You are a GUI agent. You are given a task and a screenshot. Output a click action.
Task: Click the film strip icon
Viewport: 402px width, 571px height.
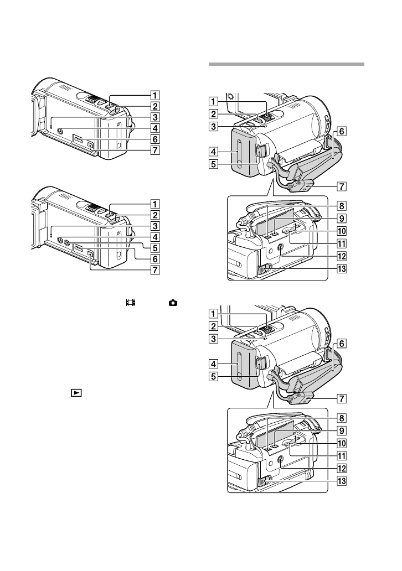(131, 302)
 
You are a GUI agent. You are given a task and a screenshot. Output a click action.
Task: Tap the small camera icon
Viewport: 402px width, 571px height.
(173, 303)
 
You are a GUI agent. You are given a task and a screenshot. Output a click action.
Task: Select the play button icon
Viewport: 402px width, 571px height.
(76, 393)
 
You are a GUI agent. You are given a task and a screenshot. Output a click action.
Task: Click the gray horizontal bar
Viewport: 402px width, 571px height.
(286, 64)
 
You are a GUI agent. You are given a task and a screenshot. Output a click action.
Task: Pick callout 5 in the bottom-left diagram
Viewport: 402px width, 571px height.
(155, 248)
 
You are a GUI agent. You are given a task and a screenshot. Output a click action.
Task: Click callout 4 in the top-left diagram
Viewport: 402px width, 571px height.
(155, 128)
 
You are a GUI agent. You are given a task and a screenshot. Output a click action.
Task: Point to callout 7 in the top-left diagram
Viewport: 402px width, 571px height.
(155, 150)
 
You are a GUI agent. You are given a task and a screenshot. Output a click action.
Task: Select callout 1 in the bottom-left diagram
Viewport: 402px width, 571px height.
(155, 204)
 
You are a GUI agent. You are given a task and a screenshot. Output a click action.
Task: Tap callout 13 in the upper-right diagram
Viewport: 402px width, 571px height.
(342, 269)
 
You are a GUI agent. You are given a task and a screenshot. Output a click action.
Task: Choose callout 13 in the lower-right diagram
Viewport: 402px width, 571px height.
(342, 481)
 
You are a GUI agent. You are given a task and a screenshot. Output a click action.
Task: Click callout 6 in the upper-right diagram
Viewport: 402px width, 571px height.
(342, 131)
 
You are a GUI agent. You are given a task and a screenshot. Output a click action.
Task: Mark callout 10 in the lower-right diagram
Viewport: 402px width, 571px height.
(342, 443)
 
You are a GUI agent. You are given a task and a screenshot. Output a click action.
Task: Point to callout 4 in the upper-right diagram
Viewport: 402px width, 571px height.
(214, 152)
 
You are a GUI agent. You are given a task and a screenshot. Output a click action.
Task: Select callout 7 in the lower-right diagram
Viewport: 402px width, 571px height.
(342, 399)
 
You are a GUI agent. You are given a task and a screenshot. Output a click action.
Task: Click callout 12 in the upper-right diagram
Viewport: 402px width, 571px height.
(342, 256)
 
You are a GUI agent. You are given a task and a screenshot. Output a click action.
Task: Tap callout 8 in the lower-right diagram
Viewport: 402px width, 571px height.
(342, 418)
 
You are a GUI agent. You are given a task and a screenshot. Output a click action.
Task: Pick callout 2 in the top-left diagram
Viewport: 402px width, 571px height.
(155, 106)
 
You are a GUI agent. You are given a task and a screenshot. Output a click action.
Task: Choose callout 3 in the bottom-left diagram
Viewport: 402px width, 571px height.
(155, 226)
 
